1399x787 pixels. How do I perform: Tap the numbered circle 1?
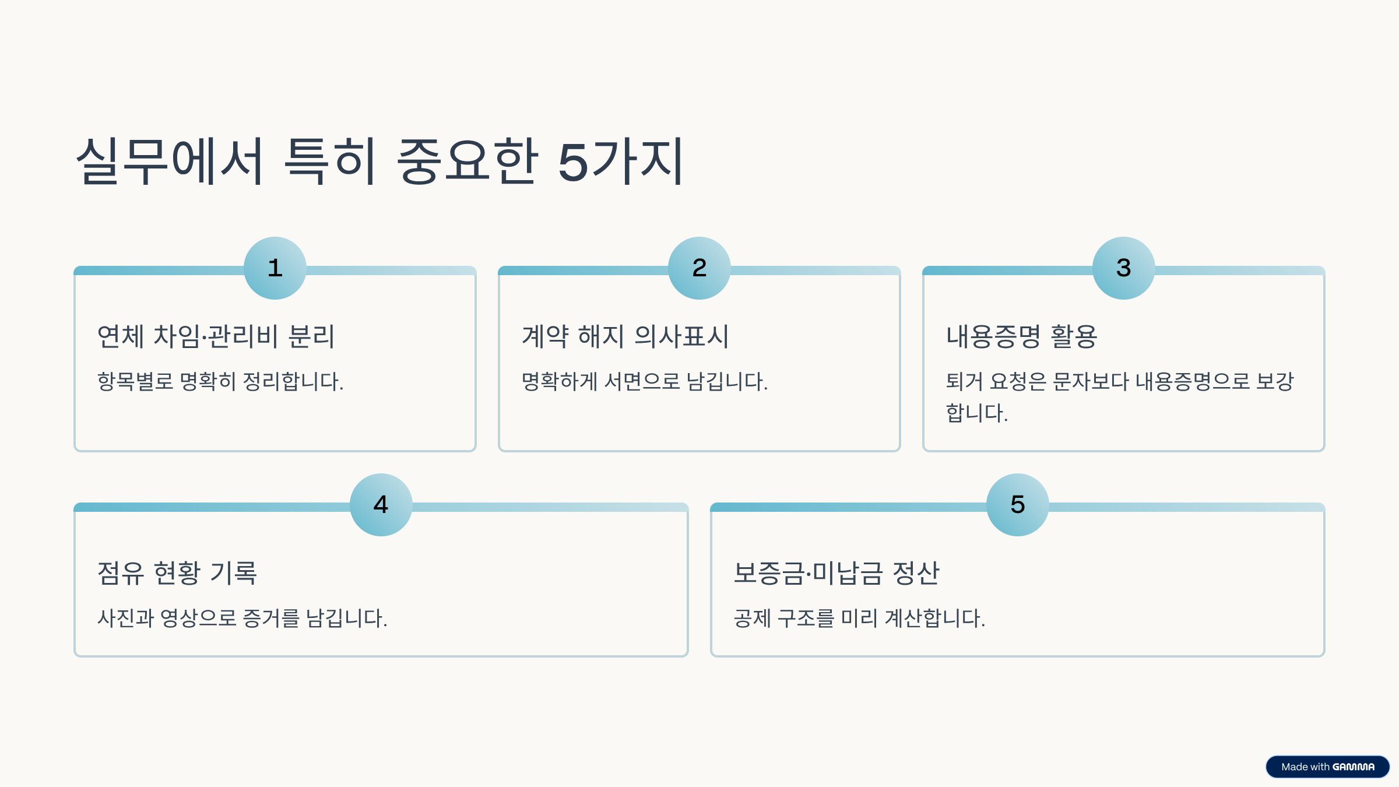point(275,268)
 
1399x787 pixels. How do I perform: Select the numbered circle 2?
point(699,268)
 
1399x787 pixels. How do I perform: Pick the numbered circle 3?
point(1124,268)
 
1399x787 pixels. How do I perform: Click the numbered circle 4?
point(381,505)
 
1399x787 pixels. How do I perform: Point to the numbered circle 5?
point(1018,505)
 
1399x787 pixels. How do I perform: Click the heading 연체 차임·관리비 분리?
point(216,336)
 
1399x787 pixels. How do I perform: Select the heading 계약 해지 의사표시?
point(625,336)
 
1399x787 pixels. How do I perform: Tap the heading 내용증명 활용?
point(1021,336)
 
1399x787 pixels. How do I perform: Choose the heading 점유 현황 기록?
point(177,572)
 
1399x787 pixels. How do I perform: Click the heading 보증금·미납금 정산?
point(836,572)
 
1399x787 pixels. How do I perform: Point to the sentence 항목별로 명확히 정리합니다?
point(220,382)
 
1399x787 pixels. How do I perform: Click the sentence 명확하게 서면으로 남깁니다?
point(645,382)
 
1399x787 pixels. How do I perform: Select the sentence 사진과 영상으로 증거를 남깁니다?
point(242,619)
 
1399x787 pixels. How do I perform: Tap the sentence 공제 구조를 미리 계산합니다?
point(859,619)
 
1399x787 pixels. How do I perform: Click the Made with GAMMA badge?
point(1327,767)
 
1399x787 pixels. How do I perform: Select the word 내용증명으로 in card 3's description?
point(1193,382)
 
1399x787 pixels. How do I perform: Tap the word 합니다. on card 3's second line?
point(977,413)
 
